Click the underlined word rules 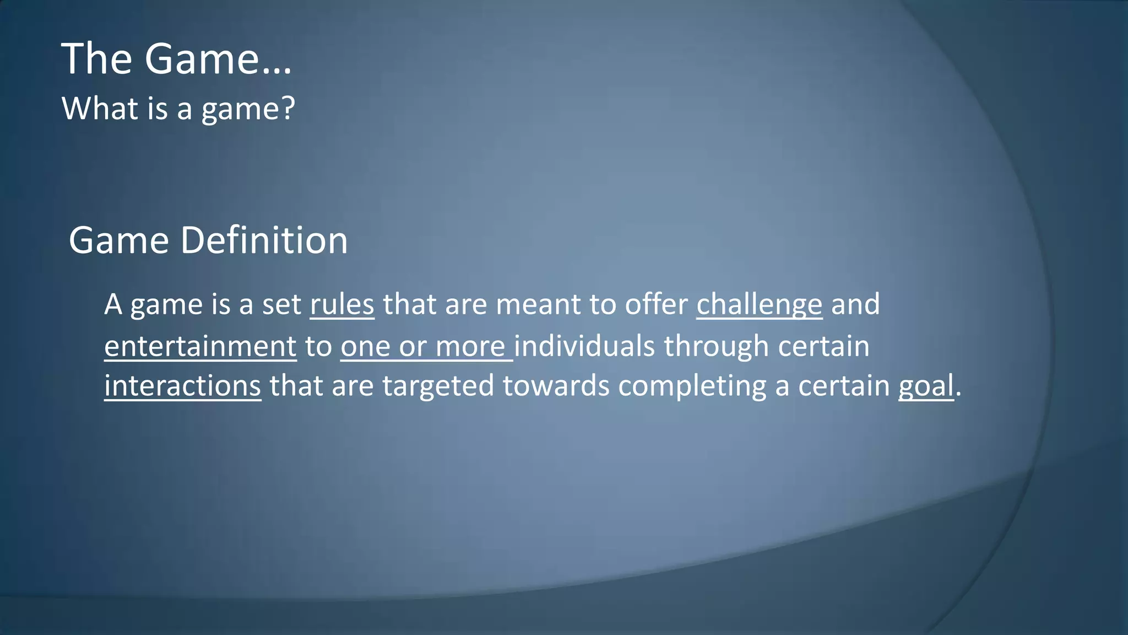342,305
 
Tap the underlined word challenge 759,305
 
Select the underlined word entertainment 200,347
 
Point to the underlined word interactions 182,386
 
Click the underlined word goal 926,386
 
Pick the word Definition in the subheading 264,241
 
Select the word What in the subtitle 100,108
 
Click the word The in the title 96,59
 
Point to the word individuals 584,347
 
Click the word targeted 438,386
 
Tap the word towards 556,386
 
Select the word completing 692,386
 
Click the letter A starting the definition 113,305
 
